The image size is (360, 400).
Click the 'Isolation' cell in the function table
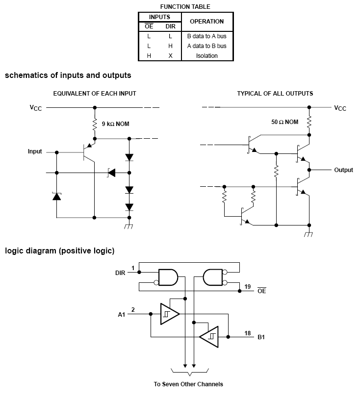[x=207, y=55]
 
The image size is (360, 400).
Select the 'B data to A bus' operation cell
[x=207, y=36]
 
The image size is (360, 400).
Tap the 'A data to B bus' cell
[x=207, y=46]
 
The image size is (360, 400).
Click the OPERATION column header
[x=207, y=22]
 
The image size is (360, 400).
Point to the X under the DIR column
[x=170, y=55]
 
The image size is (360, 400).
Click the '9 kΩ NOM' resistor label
[x=115, y=124]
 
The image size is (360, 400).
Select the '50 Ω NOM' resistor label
[x=284, y=122]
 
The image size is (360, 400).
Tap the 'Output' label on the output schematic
[x=343, y=170]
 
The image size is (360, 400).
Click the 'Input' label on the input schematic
[x=35, y=151]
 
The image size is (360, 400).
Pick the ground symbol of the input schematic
[x=129, y=226]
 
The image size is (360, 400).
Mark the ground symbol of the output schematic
[x=309, y=234]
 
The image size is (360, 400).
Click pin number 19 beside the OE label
[x=248, y=286]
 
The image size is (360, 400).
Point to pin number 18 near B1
[x=248, y=333]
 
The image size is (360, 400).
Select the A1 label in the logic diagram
[x=122, y=315]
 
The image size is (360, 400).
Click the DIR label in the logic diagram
[x=120, y=273]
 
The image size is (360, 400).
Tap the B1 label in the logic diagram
[x=261, y=337]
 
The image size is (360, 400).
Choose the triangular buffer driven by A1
[x=170, y=314]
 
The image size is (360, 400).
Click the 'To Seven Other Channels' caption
[x=188, y=384]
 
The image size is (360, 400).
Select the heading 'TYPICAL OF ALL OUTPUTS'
[x=275, y=94]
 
